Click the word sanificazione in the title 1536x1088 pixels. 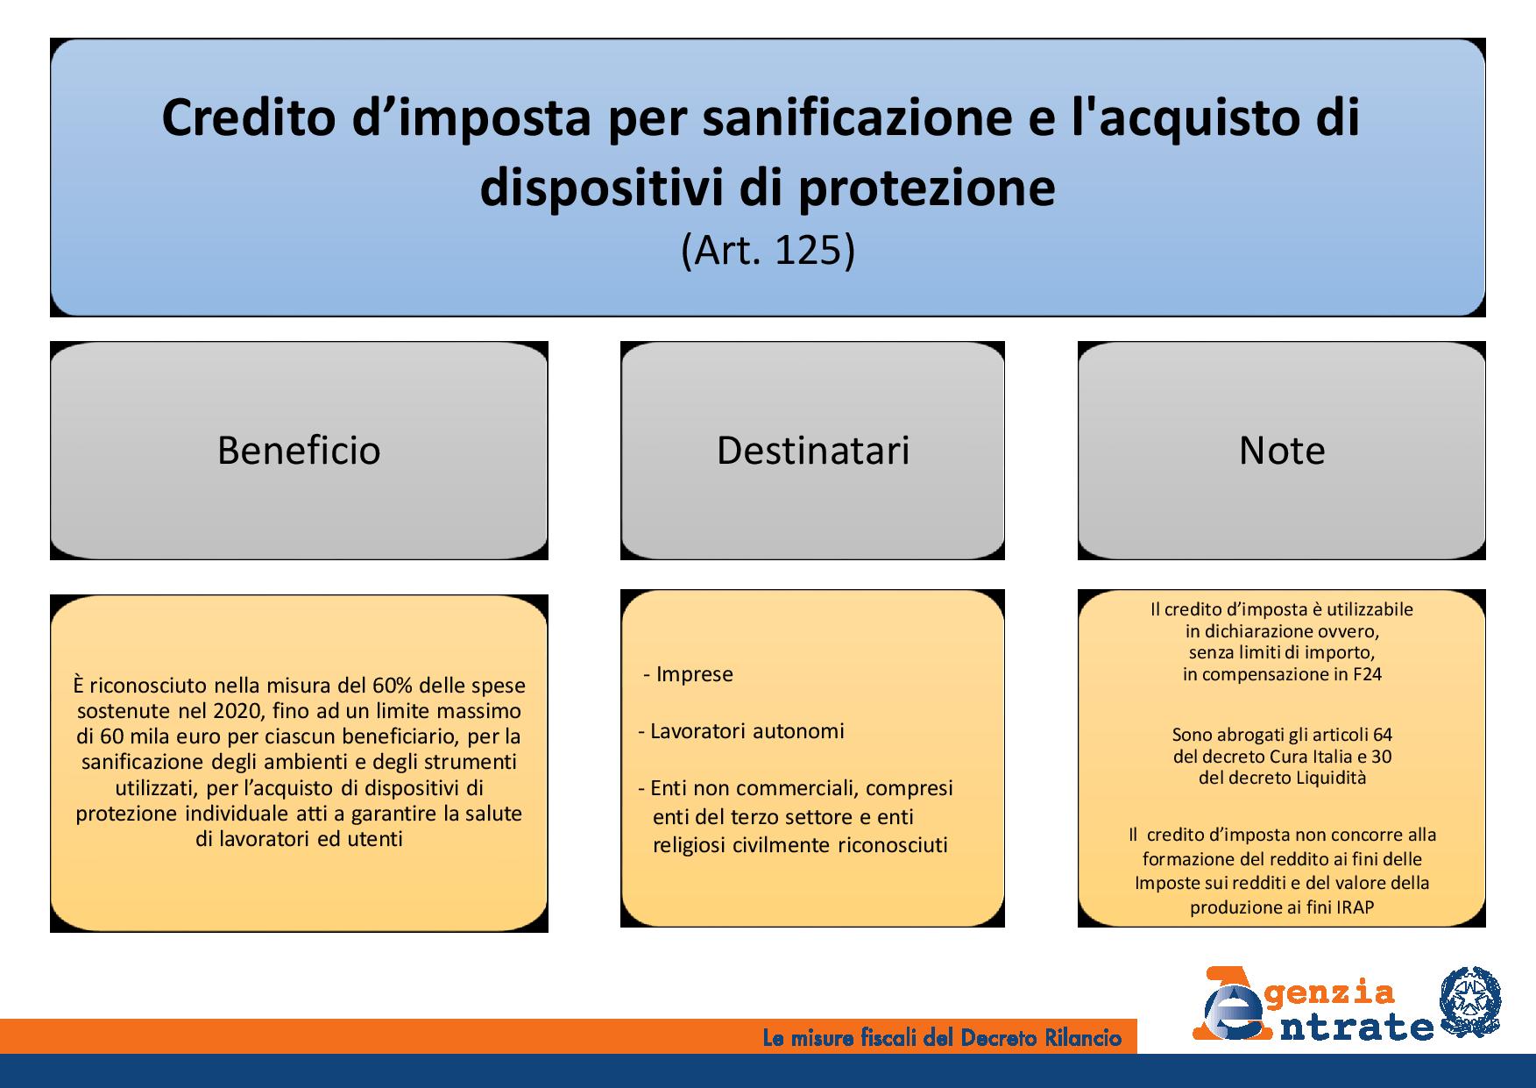click(x=860, y=118)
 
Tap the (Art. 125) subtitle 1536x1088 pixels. click(x=768, y=251)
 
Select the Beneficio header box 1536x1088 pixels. click(x=299, y=451)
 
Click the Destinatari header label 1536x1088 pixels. click(x=813, y=451)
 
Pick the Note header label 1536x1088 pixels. click(x=1281, y=451)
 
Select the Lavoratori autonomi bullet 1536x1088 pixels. click(x=741, y=731)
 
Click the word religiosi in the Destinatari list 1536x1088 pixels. click(x=690, y=845)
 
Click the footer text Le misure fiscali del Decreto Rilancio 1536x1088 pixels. click(x=942, y=1039)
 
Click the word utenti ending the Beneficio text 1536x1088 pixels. click(x=376, y=839)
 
